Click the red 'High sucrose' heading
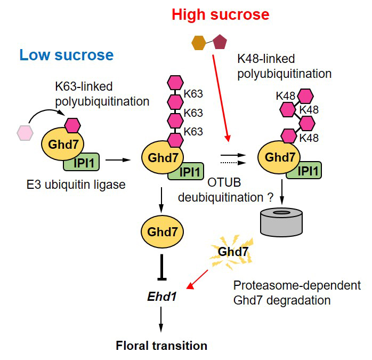click(220, 14)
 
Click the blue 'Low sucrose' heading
click(67, 55)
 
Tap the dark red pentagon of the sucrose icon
click(219, 41)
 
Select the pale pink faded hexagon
click(25, 131)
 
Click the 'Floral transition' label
click(161, 345)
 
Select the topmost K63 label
click(192, 94)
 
